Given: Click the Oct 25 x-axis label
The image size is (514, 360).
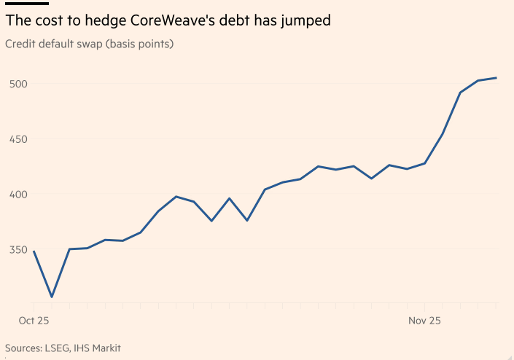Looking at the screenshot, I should pos(32,320).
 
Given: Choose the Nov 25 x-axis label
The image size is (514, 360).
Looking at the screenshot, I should pos(424,320).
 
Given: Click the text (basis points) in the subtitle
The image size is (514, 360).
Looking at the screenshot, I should pos(139,44).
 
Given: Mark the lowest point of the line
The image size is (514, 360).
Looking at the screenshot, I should pos(52,297).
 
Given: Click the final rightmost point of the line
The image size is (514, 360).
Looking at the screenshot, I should pos(497,78).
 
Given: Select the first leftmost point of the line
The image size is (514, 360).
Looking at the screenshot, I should pos(34,251).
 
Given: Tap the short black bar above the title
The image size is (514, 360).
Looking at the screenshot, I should pos(26,4).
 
